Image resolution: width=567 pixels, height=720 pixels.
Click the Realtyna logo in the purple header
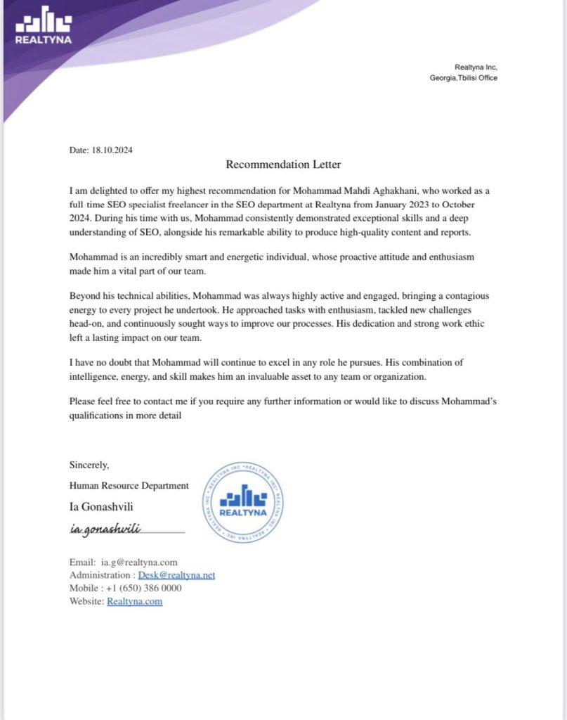click(x=43, y=27)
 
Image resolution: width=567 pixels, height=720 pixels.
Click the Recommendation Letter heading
click(x=283, y=165)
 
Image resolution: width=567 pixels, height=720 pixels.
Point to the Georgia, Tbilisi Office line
click(x=463, y=78)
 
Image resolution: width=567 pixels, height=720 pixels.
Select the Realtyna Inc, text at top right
click(x=476, y=67)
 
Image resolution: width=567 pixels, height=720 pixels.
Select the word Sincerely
click(x=89, y=465)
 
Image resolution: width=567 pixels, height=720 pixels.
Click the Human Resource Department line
click(x=129, y=485)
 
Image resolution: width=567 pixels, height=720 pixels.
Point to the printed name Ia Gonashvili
click(x=103, y=506)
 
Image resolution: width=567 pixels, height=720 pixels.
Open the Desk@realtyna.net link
click(x=176, y=575)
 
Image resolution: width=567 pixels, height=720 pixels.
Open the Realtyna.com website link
click(x=134, y=601)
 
